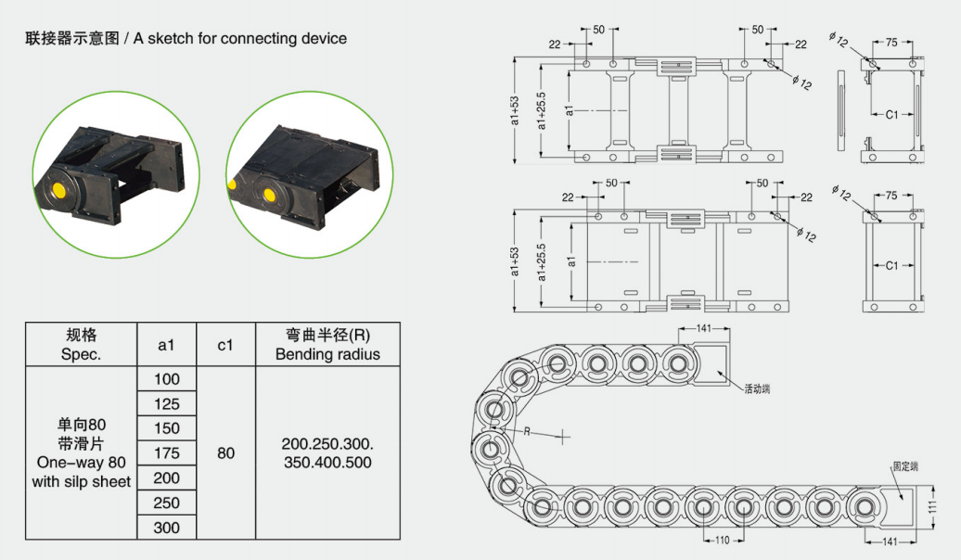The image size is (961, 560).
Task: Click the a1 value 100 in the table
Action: click(167, 379)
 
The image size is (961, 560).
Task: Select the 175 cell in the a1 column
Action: click(167, 453)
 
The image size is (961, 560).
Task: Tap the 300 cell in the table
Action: click(167, 528)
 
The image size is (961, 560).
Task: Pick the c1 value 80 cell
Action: click(225, 453)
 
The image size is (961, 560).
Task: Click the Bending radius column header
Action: click(327, 344)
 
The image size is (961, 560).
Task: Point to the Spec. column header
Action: click(81, 344)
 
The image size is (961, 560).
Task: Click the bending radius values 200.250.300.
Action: click(327, 444)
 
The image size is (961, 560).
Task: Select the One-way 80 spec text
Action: click(81, 462)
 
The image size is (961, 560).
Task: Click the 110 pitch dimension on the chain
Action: click(721, 541)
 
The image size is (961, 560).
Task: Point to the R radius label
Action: click(527, 432)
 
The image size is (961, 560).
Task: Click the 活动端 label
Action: click(757, 389)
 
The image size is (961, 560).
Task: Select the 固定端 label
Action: click(905, 466)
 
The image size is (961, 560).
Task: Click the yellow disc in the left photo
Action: click(61, 191)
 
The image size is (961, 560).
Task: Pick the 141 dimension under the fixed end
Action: click(889, 541)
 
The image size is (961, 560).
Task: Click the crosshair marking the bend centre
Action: click(562, 435)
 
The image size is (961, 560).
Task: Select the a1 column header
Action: click(167, 344)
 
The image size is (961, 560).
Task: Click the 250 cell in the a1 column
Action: click(167, 503)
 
